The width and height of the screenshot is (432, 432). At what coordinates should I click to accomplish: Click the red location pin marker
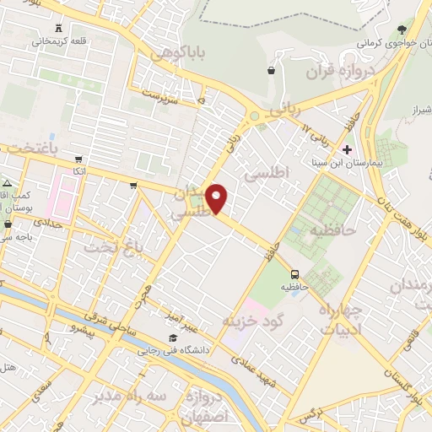tap(217, 197)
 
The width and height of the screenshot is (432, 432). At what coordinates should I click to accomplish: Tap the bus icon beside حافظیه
tap(294, 274)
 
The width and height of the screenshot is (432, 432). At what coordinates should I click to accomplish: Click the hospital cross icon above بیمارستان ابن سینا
tap(347, 148)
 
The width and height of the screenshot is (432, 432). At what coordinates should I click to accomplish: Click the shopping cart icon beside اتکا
tap(78, 158)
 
